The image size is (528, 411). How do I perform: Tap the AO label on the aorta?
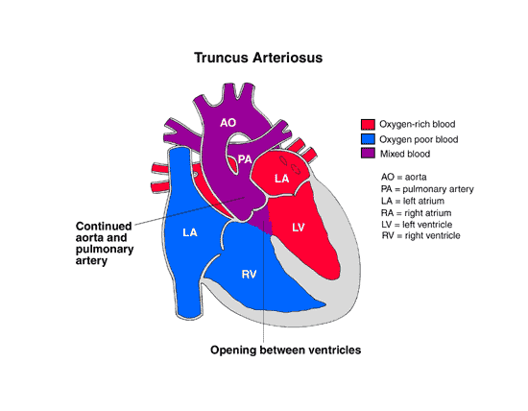coord(228,123)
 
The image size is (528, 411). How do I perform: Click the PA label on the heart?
coord(245,158)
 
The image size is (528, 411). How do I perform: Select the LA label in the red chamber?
coord(281,179)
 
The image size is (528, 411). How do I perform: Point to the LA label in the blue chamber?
coord(189,233)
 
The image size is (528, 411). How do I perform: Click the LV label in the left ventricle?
coord(299,226)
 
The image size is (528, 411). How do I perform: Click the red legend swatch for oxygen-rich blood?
coord(368,124)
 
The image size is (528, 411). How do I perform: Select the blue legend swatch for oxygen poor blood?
coord(368,139)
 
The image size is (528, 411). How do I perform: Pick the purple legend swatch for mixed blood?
coord(368,154)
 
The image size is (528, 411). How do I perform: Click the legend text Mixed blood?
coord(406,154)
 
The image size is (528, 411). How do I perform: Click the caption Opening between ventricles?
coord(285,351)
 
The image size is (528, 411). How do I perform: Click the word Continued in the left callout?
coord(102,227)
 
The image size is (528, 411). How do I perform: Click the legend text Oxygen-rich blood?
coord(418,124)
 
